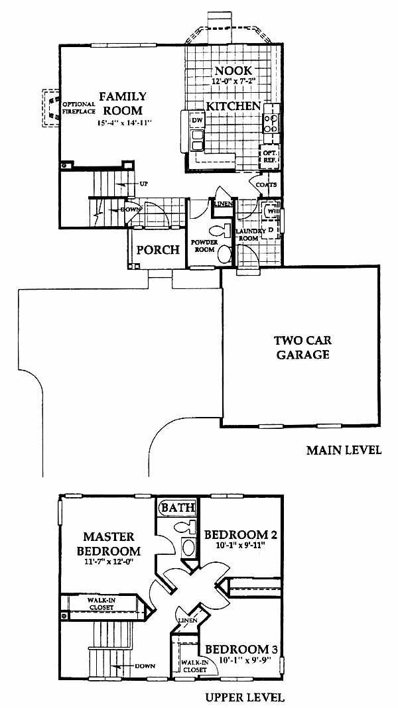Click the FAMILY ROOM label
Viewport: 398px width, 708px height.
click(x=123, y=103)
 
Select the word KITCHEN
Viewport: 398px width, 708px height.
click(x=232, y=106)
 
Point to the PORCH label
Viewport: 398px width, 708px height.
click(x=158, y=250)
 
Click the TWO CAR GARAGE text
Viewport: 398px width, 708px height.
click(x=303, y=347)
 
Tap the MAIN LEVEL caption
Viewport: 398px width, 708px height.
click(x=344, y=450)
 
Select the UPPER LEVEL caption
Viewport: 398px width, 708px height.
click(x=245, y=697)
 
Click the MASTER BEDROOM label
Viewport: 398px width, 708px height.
click(x=109, y=543)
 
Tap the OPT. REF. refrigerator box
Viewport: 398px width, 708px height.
click(x=269, y=157)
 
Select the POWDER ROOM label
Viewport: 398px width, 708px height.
click(x=204, y=246)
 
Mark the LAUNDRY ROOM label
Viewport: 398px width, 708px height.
click(x=248, y=234)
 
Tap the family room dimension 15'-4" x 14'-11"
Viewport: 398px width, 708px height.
click(x=125, y=123)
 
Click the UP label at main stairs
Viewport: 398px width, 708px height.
click(x=143, y=183)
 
